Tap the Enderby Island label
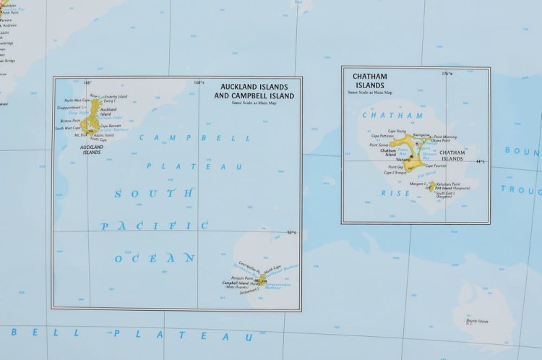116,96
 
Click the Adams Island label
104,135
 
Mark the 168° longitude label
200,82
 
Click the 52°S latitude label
293,232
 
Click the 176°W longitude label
447,74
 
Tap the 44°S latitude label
480,160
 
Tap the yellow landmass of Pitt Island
432,187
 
